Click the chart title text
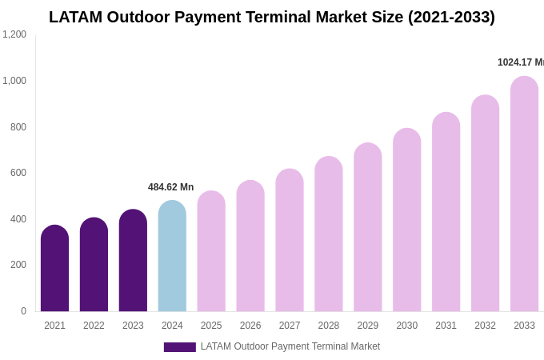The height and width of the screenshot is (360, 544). (x=272, y=17)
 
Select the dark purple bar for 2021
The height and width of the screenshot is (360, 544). (x=54, y=269)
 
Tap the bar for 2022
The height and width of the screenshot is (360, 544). (x=94, y=265)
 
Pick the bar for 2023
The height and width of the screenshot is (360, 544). (x=133, y=261)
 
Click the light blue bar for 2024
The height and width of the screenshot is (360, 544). (x=172, y=256)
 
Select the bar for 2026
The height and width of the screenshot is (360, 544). (x=250, y=246)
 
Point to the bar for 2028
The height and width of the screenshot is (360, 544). (x=329, y=234)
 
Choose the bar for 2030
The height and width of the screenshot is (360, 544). (x=406, y=220)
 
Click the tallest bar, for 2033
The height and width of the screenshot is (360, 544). (x=524, y=194)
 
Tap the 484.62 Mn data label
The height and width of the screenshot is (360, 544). (x=170, y=187)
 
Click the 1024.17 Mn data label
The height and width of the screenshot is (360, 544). (x=520, y=62)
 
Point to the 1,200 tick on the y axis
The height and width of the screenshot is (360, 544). (x=14, y=34)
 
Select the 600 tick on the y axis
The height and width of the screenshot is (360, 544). (x=18, y=173)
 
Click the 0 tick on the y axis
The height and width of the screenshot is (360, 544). (x=23, y=311)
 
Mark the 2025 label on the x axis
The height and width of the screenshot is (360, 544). (x=211, y=326)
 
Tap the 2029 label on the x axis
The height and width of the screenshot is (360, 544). (x=368, y=326)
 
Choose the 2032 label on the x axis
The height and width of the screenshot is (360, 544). (x=485, y=326)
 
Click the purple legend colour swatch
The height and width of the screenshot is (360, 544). (x=179, y=347)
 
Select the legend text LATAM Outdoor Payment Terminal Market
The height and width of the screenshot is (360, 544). (x=290, y=346)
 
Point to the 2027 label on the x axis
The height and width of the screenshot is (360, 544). (x=290, y=326)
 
